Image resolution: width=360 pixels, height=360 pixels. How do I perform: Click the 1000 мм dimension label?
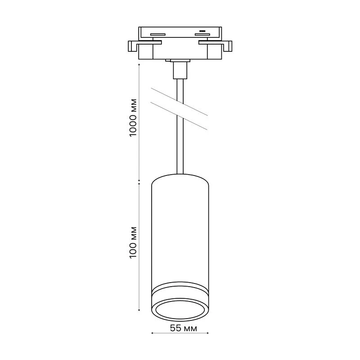coord(133,117)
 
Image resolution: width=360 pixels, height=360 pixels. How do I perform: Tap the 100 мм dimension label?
coord(133,243)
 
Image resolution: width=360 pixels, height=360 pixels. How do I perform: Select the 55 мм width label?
coord(184,328)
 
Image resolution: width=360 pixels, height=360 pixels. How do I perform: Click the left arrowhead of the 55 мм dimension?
coord(152,333)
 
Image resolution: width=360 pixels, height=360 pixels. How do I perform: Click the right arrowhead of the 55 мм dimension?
coord(207,333)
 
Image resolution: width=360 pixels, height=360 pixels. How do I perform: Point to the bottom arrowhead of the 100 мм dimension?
coord(139,310)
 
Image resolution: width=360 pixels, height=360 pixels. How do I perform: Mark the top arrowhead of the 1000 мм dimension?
coord(139,65)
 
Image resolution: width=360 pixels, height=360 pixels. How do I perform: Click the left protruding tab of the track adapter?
coord(133,46)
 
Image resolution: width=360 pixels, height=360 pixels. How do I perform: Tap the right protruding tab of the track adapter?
coord(227,46)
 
